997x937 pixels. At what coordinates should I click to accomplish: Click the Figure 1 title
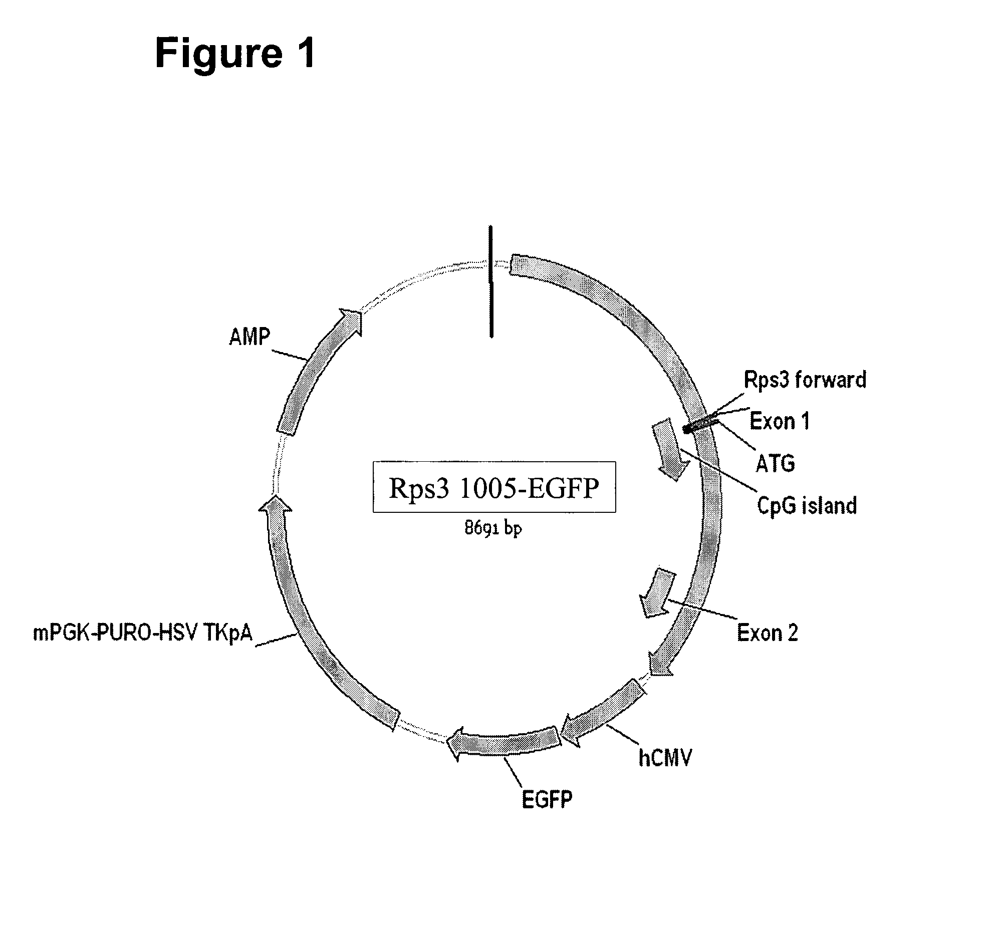[234, 53]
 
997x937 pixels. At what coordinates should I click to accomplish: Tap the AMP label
[250, 337]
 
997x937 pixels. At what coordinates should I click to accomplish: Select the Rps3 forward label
[805, 380]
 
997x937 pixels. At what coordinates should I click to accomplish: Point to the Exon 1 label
[780, 421]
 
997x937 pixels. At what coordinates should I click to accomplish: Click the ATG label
[776, 463]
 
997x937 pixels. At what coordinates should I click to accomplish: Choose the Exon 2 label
[768, 633]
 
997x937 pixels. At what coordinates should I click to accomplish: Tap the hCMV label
[665, 758]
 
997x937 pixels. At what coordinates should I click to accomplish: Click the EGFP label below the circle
[547, 800]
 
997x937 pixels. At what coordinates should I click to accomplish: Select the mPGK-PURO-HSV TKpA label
[143, 633]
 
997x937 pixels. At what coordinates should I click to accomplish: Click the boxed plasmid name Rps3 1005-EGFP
[494, 487]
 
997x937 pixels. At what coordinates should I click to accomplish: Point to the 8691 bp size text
[493, 528]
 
